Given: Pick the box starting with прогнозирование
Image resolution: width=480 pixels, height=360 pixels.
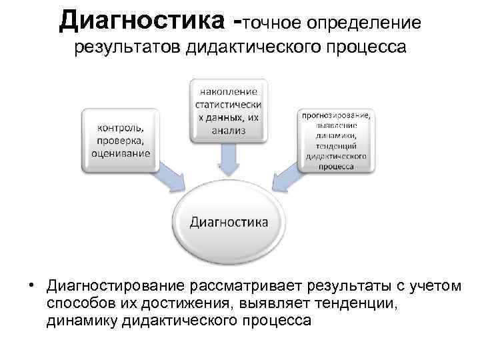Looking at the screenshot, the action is point(336,139).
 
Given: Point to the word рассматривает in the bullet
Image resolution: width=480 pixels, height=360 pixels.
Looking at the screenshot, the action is point(245,287).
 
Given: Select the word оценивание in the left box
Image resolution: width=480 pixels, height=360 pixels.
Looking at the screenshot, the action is point(121,153).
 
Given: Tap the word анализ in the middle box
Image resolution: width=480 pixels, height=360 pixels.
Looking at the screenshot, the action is point(229,131).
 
